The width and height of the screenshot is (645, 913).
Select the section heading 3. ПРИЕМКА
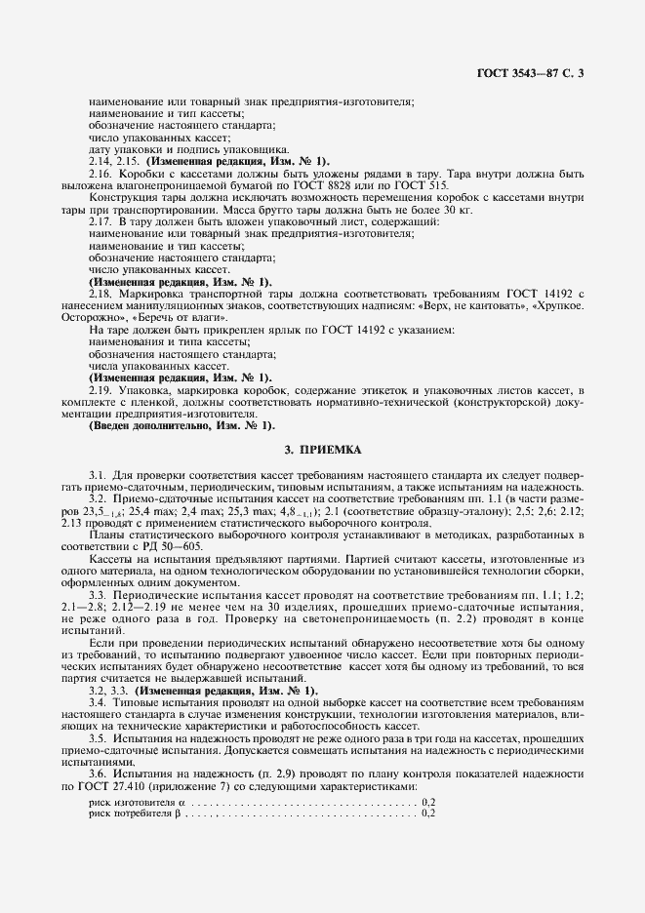(322, 450)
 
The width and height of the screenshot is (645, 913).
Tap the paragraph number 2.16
(101, 173)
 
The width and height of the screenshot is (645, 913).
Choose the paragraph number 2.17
(101, 222)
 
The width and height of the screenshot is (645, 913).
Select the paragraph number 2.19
(101, 388)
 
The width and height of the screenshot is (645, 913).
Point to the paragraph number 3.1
(98, 474)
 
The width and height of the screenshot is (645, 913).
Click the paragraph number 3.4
(98, 701)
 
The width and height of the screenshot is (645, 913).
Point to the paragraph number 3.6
(98, 774)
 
